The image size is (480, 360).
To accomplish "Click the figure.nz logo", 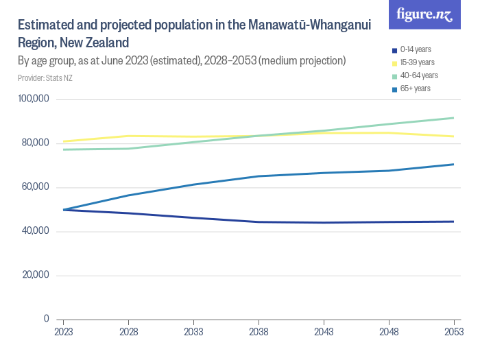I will coord(425,14).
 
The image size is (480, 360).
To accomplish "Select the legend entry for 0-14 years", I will coord(415,49).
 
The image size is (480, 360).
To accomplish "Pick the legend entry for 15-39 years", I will coord(417,62).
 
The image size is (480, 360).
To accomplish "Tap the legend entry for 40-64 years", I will coord(418,75).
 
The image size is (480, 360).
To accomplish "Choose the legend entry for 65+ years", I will coord(415,88).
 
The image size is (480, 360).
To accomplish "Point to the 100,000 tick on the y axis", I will coord(34,99).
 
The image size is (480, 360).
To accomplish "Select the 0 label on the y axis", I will coord(46,319).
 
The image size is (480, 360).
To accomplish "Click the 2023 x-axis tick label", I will coord(64,332).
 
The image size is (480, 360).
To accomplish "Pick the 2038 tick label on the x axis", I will coord(259,332).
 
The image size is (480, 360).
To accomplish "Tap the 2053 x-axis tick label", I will coord(453,332).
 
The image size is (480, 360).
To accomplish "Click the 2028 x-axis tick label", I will coord(129,332).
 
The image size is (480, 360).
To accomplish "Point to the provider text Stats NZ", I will coord(45,78).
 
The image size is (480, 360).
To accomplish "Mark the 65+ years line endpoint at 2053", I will coord(453,164).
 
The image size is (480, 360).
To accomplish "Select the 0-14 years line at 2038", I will coord(259,222).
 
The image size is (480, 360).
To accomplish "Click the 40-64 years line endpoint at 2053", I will coord(453,118).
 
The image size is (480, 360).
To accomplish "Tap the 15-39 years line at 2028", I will coord(129,136).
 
